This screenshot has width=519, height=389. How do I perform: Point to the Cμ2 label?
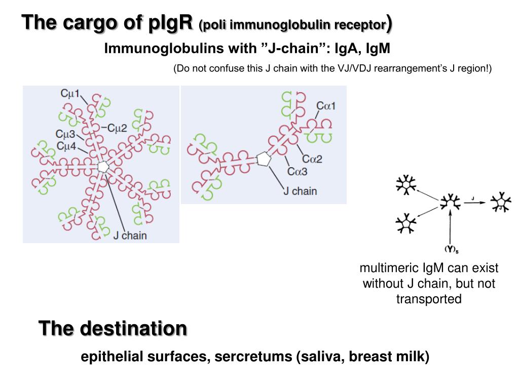point(116,128)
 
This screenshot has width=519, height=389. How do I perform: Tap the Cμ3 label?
point(65,134)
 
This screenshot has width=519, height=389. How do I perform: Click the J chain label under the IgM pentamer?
point(130,236)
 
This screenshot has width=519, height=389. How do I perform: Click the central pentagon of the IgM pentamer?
point(103,167)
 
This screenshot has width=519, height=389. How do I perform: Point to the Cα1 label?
point(326,106)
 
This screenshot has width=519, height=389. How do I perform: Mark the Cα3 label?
point(298,171)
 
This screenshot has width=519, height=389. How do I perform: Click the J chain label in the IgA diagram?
point(300,191)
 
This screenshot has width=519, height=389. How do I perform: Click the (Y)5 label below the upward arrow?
point(452,249)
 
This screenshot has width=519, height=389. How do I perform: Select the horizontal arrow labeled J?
point(473,203)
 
